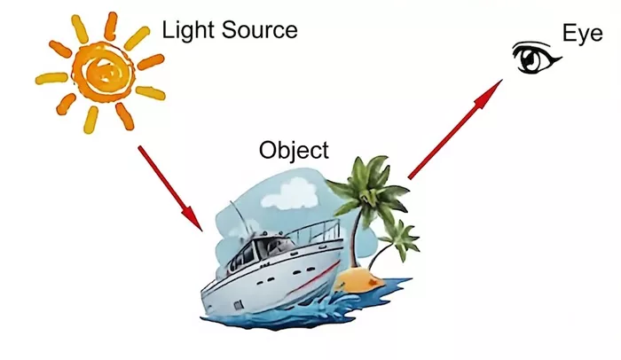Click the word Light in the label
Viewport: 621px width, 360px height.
pos(189,31)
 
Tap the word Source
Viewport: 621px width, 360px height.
pos(259,30)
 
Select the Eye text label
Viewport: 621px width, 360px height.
pos(583,35)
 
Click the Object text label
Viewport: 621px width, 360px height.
pos(294,151)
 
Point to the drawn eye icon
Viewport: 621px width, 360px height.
pos(536,58)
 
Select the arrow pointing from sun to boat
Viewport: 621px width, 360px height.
pos(170,188)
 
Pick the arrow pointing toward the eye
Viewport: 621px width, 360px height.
pos(455,129)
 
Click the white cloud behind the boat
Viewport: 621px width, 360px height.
pos(290,193)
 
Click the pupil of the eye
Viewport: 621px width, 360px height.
pos(530,59)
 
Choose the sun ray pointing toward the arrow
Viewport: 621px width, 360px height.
pos(124,115)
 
